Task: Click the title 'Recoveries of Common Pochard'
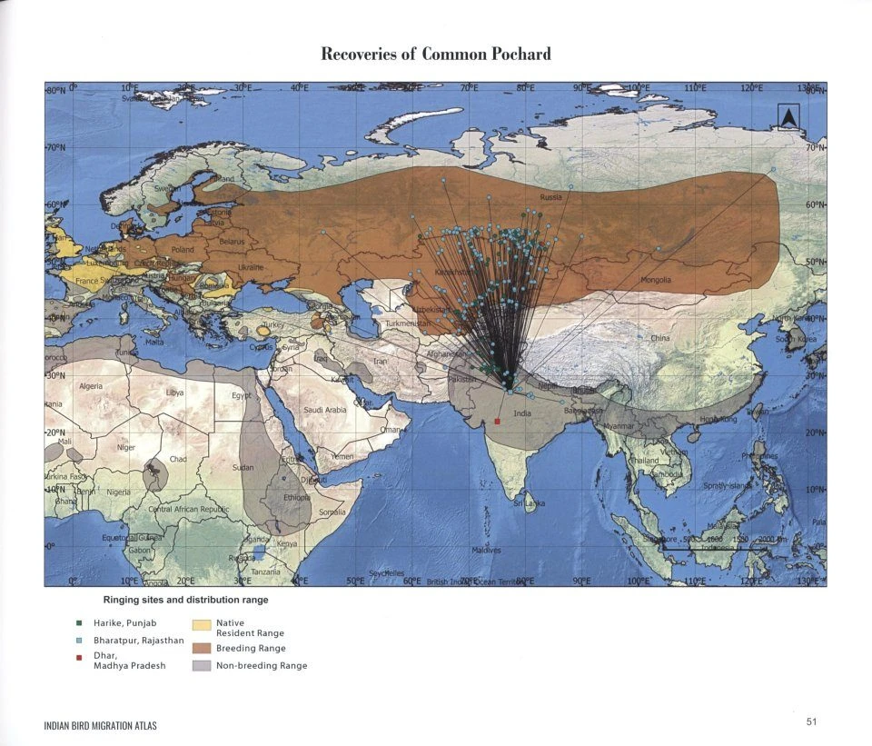point(436,54)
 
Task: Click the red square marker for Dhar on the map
point(498,422)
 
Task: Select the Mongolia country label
point(655,280)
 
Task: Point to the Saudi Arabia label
point(324,410)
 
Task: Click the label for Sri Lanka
point(530,502)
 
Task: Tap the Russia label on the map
point(550,197)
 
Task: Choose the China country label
point(660,338)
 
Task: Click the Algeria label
point(92,386)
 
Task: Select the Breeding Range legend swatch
point(202,649)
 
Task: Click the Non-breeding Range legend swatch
point(202,666)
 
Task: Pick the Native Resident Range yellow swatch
point(202,625)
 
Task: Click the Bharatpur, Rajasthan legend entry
point(133,641)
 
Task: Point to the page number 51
point(812,722)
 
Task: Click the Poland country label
point(183,249)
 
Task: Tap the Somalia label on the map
point(332,512)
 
